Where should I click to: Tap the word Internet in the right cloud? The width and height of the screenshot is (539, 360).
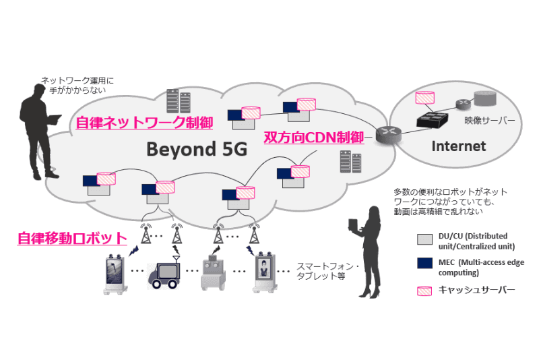(458, 146)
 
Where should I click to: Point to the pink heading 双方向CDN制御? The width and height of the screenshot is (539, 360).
(313, 137)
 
